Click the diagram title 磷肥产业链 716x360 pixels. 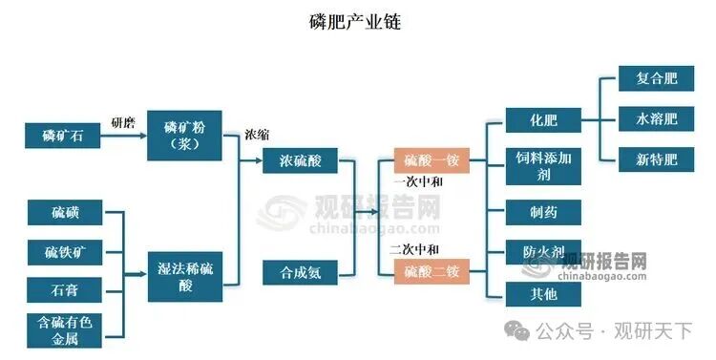point(356,21)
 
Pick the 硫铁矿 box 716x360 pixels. point(64,253)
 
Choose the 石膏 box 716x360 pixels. point(64,289)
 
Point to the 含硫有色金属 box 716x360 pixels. point(64,328)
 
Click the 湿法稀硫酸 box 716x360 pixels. point(185,276)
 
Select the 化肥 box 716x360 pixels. point(543,120)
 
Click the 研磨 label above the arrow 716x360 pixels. point(124,121)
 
